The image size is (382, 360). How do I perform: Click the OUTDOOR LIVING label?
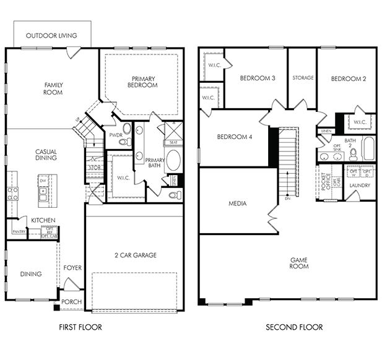click(51, 36)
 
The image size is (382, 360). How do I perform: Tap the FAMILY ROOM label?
click(53, 88)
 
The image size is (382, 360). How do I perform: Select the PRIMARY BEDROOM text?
click(144, 82)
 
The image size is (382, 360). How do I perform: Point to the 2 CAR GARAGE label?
click(136, 255)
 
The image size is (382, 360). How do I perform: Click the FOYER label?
click(72, 269)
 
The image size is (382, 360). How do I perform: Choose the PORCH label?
click(72, 302)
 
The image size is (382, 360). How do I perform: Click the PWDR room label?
click(115, 134)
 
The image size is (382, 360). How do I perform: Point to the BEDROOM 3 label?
click(258, 78)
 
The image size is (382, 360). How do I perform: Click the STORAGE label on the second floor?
click(303, 78)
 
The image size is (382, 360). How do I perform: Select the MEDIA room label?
click(237, 203)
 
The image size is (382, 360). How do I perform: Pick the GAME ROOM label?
click(299, 264)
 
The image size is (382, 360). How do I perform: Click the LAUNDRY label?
click(360, 185)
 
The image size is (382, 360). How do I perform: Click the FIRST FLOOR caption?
click(80, 327)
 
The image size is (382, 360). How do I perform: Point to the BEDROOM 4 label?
click(233, 137)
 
